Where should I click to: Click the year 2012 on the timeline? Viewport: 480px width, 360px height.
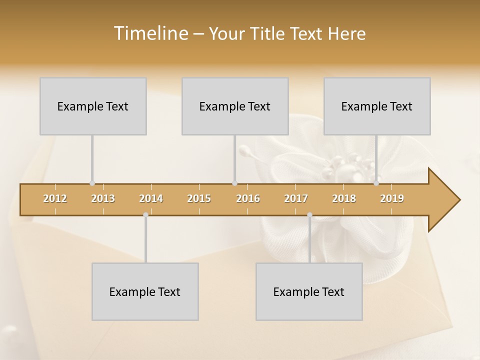click(x=55, y=198)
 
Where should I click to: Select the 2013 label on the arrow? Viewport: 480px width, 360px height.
click(x=103, y=198)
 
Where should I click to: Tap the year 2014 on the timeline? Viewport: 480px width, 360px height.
click(x=151, y=198)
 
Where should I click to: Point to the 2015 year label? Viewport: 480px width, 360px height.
click(x=199, y=198)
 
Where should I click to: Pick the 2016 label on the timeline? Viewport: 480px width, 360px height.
click(x=248, y=198)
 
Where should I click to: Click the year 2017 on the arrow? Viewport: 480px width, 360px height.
click(x=296, y=198)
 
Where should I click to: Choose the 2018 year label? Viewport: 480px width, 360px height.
click(x=344, y=198)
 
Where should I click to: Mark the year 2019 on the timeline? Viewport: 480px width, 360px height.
click(x=392, y=198)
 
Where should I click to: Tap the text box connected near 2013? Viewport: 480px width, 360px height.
click(x=93, y=106)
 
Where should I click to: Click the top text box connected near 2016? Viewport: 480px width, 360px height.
click(x=235, y=106)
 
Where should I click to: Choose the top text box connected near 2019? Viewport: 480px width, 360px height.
click(x=377, y=106)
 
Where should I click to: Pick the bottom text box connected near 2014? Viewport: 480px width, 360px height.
click(x=145, y=291)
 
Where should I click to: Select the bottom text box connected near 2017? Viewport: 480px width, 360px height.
click(x=309, y=291)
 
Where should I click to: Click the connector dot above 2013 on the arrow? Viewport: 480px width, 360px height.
click(x=92, y=183)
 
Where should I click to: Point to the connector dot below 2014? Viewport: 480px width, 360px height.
click(x=145, y=215)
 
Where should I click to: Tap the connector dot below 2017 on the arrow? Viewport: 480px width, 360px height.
click(x=309, y=215)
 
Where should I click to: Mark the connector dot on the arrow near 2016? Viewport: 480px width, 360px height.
click(x=234, y=183)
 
